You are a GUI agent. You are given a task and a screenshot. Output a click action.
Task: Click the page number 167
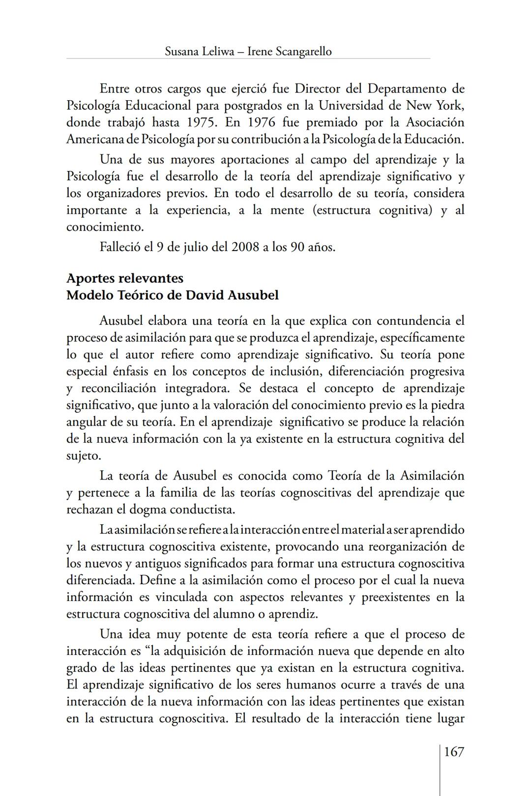[x=453, y=752]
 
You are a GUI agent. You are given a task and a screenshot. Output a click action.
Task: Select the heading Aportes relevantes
[x=125, y=278]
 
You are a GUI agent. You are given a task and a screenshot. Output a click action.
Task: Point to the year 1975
[x=203, y=122]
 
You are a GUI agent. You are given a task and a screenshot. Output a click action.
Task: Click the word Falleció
[x=120, y=247]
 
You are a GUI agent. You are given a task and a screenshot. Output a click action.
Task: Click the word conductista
[x=204, y=509]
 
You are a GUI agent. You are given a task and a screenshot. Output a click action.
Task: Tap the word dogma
[x=151, y=509]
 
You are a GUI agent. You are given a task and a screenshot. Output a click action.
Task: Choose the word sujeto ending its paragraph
[x=83, y=456]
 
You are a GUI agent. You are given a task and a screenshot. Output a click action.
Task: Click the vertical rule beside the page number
[x=440, y=771]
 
